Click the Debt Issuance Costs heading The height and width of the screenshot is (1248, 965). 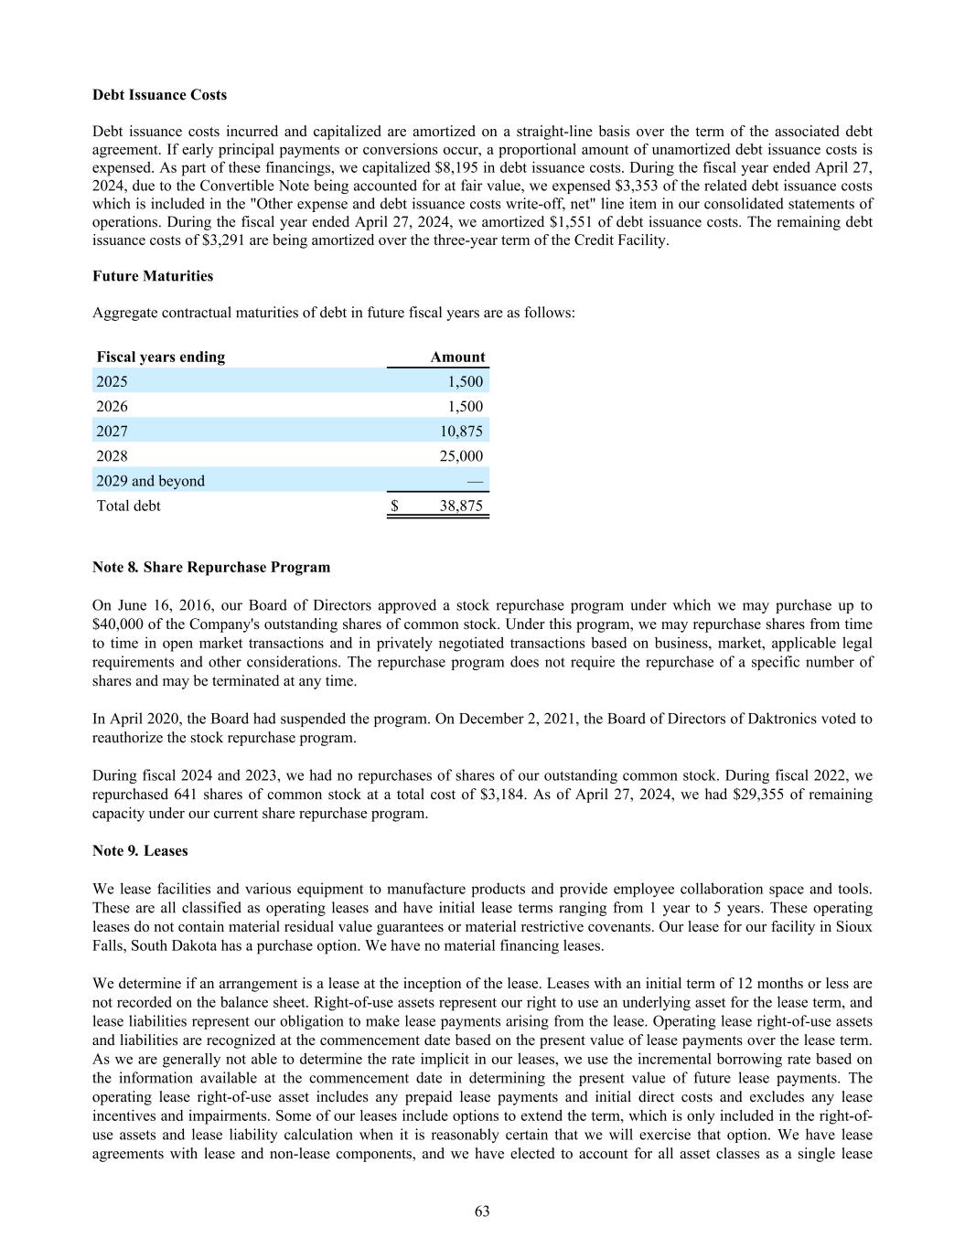(x=160, y=95)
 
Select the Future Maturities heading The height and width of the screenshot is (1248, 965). (x=153, y=276)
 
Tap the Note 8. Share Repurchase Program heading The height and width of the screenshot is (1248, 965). (x=211, y=567)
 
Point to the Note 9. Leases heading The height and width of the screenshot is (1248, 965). (x=140, y=850)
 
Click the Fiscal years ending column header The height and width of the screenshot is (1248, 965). (x=161, y=357)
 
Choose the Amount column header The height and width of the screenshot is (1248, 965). (x=457, y=357)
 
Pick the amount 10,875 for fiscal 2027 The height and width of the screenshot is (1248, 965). (x=462, y=431)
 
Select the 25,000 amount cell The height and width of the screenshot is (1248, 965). (x=462, y=455)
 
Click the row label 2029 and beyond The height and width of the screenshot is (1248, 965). (x=151, y=480)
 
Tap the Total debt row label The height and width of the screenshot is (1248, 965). (x=129, y=506)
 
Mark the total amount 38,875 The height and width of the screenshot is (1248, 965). (x=461, y=506)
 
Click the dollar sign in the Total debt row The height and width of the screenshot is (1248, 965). (x=394, y=506)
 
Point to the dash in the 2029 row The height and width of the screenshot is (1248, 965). (x=475, y=480)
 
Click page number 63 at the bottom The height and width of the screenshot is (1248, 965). (x=482, y=1211)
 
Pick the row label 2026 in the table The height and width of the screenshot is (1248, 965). (x=113, y=406)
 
